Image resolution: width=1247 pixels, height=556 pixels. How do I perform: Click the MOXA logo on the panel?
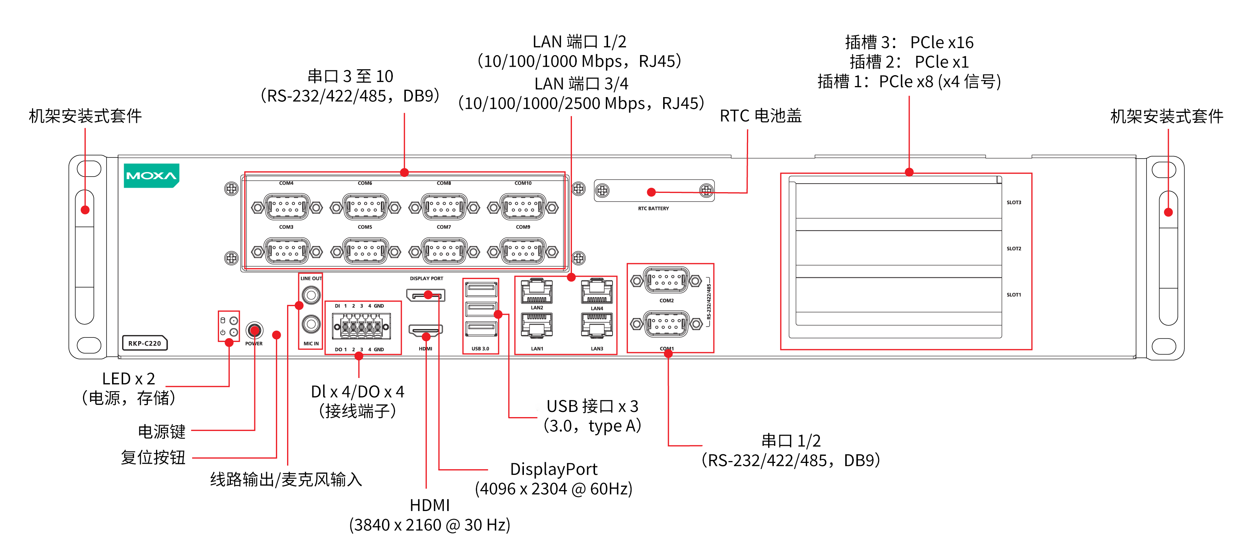151,175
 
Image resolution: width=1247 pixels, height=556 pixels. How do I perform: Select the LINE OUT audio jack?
311,295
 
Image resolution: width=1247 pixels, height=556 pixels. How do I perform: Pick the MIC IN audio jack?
311,324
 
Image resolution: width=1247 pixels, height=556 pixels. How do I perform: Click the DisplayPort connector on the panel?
426,295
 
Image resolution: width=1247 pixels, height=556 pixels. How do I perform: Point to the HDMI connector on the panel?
426,330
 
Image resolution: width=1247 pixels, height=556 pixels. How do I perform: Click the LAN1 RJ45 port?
536,324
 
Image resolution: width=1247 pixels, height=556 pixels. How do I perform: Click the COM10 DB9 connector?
523,207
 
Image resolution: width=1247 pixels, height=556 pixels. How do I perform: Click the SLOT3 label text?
1014,203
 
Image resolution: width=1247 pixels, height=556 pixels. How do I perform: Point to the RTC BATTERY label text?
653,208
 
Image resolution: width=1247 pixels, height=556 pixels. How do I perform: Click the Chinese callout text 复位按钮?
153,457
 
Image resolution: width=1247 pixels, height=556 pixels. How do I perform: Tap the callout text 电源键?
161,431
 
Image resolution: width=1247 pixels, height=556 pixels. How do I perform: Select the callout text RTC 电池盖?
760,116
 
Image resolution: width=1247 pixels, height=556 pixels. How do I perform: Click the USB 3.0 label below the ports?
480,348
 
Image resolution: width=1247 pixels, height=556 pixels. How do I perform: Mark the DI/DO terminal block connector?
361,327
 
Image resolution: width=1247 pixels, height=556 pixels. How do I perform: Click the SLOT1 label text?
1014,295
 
